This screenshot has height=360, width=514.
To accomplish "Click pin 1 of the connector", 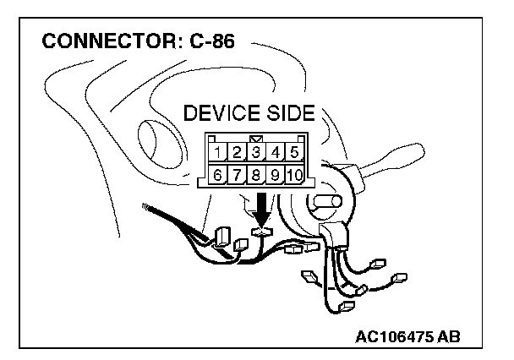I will [x=218, y=153].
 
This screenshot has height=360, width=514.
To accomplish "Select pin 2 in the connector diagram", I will [x=238, y=153].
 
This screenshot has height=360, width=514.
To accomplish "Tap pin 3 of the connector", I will [x=256, y=153].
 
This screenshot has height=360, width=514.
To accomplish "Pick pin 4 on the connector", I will [x=275, y=153].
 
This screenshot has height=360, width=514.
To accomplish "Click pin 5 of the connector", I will [x=293, y=153].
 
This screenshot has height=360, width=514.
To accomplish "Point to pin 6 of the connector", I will [x=218, y=176].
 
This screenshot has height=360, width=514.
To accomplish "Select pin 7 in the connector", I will [x=238, y=176].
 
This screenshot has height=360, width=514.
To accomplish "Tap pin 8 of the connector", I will [x=256, y=176].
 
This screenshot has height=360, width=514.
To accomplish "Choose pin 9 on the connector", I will [x=275, y=176].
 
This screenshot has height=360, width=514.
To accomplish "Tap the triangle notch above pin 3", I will [x=256, y=137].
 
